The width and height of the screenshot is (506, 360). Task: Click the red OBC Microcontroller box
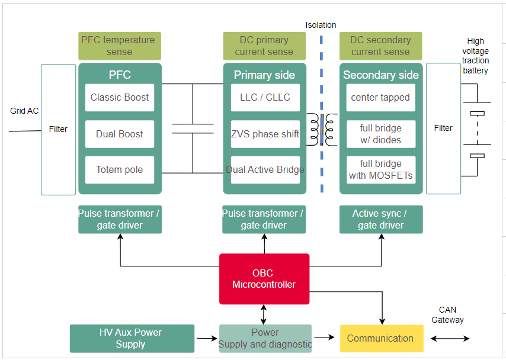coord(264,279)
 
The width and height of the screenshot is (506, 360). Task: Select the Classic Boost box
coord(120,98)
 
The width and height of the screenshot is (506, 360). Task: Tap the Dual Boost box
coord(120,134)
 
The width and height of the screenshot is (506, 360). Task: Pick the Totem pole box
coord(120,170)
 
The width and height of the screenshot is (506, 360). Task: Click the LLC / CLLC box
coord(265,98)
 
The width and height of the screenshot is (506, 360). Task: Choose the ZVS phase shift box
coord(265,134)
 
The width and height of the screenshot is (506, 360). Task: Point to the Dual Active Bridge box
coord(265,170)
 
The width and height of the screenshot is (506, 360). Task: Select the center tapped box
coord(380,98)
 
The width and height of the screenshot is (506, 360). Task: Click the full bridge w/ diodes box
coord(380,134)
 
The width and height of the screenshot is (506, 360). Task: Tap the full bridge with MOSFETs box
coord(380,170)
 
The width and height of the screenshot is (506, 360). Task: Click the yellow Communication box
coord(381,339)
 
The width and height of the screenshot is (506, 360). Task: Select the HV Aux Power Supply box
coord(132,339)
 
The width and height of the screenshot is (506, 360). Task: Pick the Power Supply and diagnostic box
coord(265,339)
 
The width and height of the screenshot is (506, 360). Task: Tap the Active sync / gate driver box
coord(380,219)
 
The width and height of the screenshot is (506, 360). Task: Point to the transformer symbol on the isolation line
coord(322,129)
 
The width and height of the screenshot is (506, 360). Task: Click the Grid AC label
coord(24,111)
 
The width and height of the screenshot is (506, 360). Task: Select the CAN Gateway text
coord(447,315)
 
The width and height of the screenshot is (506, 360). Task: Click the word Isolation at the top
coord(321,25)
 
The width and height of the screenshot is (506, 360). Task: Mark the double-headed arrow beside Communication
coord(450,339)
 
